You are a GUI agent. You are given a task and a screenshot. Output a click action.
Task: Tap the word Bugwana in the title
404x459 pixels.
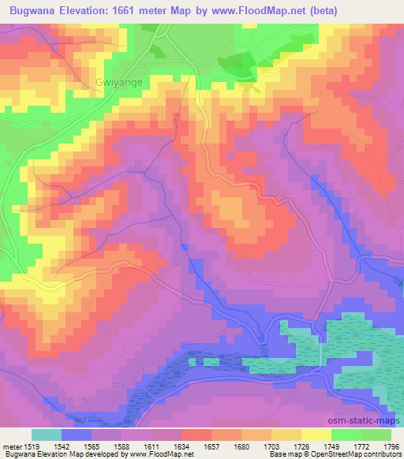click(x=32, y=11)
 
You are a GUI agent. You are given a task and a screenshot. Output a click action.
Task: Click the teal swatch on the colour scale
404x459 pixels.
click(x=47, y=435)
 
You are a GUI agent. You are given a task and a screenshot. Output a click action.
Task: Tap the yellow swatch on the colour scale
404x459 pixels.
click(x=316, y=435)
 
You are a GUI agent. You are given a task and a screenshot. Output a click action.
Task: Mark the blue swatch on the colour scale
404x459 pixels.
click(x=77, y=435)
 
